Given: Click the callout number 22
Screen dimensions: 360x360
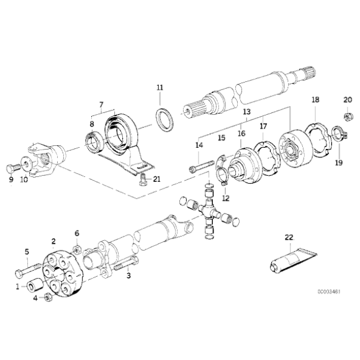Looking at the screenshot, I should coord(289,237).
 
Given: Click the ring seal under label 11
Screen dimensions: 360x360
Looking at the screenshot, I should coord(165,119).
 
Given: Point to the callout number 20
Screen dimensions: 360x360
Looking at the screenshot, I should coord(348,99).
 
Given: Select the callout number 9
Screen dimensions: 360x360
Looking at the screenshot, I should coord(11,180).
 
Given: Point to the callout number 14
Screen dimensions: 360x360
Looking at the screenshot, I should coord(199,145).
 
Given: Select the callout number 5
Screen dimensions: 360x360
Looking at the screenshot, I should coord(27,251).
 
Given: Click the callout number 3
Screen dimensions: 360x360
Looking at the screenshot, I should coord(129,275).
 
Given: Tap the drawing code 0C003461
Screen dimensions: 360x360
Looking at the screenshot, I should coord(326,289).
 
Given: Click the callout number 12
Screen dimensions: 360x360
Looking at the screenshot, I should coord(226,198).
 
